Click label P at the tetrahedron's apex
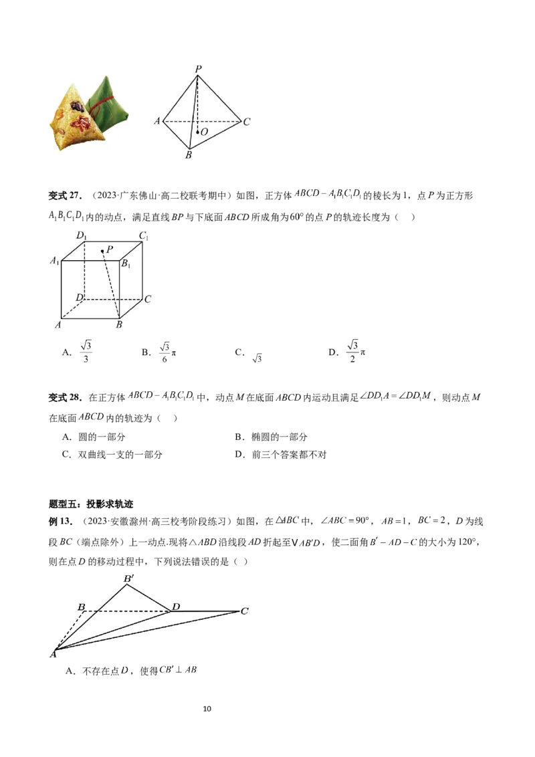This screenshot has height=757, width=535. (x=198, y=69)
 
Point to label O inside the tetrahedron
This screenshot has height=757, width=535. (x=203, y=132)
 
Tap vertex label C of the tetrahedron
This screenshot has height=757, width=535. (x=247, y=122)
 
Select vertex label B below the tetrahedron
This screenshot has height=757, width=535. (x=189, y=155)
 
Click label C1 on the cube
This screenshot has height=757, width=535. (x=144, y=235)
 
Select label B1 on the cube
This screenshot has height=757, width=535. (x=125, y=263)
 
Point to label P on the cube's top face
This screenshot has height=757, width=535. (x=109, y=249)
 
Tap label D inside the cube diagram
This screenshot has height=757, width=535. (x=79, y=296)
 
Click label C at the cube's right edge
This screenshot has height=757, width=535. (x=148, y=299)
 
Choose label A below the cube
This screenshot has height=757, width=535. (x=58, y=325)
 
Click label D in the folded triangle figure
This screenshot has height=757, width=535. (x=176, y=607)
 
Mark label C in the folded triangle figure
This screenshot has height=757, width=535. (x=245, y=611)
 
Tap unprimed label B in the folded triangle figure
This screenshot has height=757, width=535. (x=81, y=607)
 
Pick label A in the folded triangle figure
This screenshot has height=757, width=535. (x=52, y=654)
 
